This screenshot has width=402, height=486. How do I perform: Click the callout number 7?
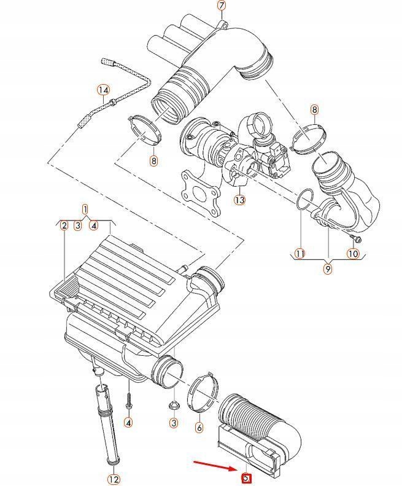point(222,6)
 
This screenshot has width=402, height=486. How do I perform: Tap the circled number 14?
point(103,90)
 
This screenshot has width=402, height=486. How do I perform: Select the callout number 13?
point(239,200)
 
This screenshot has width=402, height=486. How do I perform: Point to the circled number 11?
point(300,253)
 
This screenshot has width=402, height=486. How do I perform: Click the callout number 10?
point(353,253)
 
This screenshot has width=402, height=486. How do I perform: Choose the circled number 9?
point(328,268)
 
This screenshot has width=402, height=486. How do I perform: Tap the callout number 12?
point(114,479)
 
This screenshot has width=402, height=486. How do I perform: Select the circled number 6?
point(199,427)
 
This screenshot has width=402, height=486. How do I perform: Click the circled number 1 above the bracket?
point(85,210)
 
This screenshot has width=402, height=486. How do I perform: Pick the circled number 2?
point(63,225)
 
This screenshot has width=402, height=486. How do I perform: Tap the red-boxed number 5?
point(245,477)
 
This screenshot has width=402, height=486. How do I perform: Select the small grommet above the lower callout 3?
point(174,405)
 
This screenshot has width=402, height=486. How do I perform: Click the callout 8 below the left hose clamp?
point(153,161)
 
